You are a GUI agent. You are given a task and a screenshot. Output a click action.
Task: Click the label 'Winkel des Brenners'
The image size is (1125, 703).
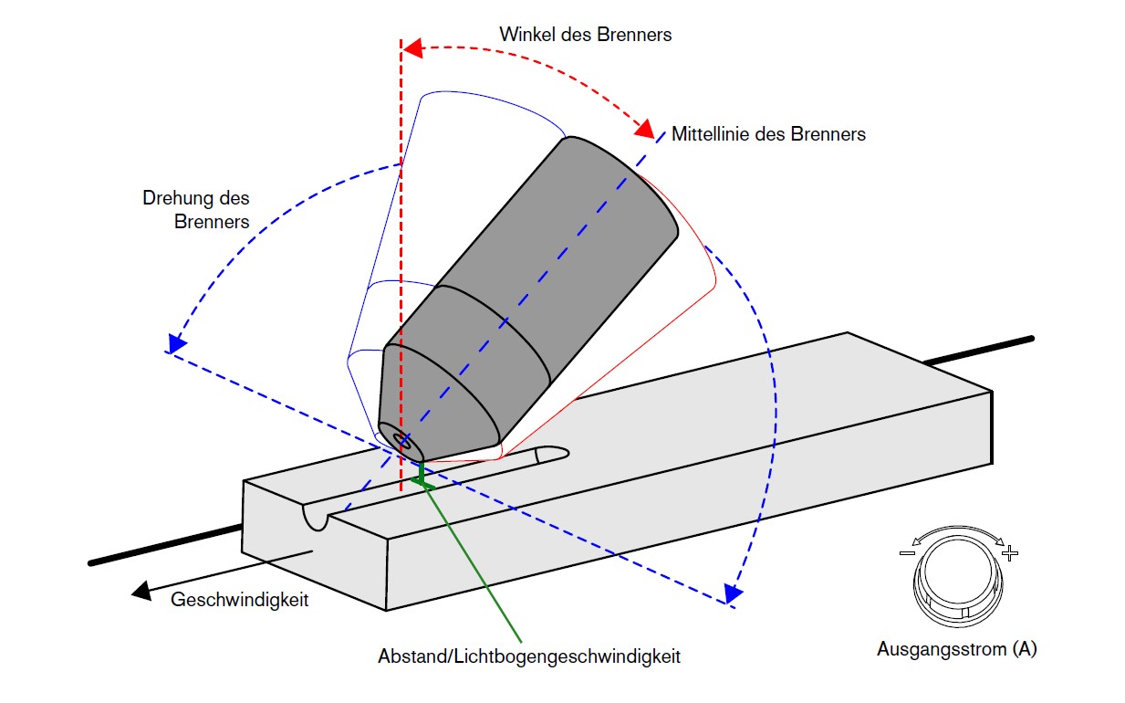click(585, 35)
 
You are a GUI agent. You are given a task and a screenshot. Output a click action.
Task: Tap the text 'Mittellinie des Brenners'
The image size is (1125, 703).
click(768, 134)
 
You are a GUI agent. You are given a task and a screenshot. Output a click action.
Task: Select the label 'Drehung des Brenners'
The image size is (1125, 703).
click(196, 209)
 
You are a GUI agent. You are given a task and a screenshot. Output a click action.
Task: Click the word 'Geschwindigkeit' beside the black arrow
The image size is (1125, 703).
click(240, 600)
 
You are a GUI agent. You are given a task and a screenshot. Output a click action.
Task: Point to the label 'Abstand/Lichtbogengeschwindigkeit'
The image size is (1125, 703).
click(529, 656)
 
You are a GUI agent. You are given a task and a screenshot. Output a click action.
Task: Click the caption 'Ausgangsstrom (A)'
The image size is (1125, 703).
click(956, 650)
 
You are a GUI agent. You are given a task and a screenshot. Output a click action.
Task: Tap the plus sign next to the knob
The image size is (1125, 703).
click(1008, 554)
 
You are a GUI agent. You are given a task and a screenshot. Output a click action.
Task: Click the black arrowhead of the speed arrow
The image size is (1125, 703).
click(141, 591)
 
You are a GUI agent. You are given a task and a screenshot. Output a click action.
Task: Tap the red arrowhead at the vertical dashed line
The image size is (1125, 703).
click(411, 47)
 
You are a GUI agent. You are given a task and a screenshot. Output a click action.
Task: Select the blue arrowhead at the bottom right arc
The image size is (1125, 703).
click(731, 594)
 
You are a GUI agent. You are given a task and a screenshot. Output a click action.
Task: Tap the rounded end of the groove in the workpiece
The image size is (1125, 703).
click(556, 452)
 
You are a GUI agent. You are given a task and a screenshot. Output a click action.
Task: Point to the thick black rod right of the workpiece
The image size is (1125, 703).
click(976, 351)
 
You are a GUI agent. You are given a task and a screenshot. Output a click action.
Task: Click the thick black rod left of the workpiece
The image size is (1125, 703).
click(164, 546)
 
